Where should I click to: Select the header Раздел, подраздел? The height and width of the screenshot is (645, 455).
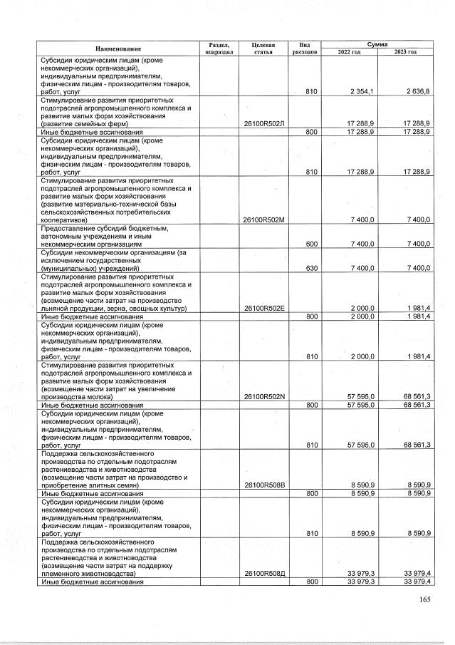pyautogui.click(x=219, y=48)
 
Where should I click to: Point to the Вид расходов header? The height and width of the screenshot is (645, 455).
pyautogui.click(x=304, y=48)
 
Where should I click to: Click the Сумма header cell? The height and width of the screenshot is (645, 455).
pyautogui.click(x=377, y=44)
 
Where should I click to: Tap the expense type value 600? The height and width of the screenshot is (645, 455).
pyautogui.click(x=311, y=244)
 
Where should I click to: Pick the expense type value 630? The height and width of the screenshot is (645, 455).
pyautogui.click(x=311, y=268)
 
